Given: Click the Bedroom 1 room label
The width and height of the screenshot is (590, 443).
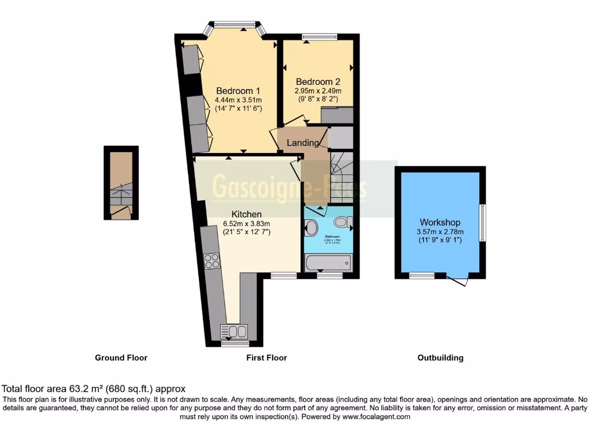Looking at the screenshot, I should click(238, 91).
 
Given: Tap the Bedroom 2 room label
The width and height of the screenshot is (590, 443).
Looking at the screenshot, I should click(314, 81).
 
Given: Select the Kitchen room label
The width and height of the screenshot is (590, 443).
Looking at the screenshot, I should click(247, 214).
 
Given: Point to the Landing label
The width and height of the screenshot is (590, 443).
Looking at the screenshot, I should click(302, 142).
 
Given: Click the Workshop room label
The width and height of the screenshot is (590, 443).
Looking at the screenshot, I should click(440, 222).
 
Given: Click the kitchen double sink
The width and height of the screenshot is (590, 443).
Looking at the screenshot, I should click(234, 331).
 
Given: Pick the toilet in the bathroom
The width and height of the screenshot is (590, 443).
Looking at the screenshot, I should click(343, 221).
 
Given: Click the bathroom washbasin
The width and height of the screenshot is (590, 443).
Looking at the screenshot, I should click(311, 228).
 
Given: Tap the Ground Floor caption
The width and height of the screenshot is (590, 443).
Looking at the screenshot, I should click(121, 358).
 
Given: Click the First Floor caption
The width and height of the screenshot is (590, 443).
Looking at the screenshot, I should click(267, 358).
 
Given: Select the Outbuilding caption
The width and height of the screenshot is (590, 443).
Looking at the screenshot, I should click(440, 358).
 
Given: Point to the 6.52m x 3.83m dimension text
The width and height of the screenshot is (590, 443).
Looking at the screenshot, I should click(247, 224).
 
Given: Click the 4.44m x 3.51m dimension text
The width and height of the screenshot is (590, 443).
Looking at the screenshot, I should click(238, 100).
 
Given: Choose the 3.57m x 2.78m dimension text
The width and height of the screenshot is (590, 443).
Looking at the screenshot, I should click(440, 232).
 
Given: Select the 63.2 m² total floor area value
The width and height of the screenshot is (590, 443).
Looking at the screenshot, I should click(84, 389).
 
